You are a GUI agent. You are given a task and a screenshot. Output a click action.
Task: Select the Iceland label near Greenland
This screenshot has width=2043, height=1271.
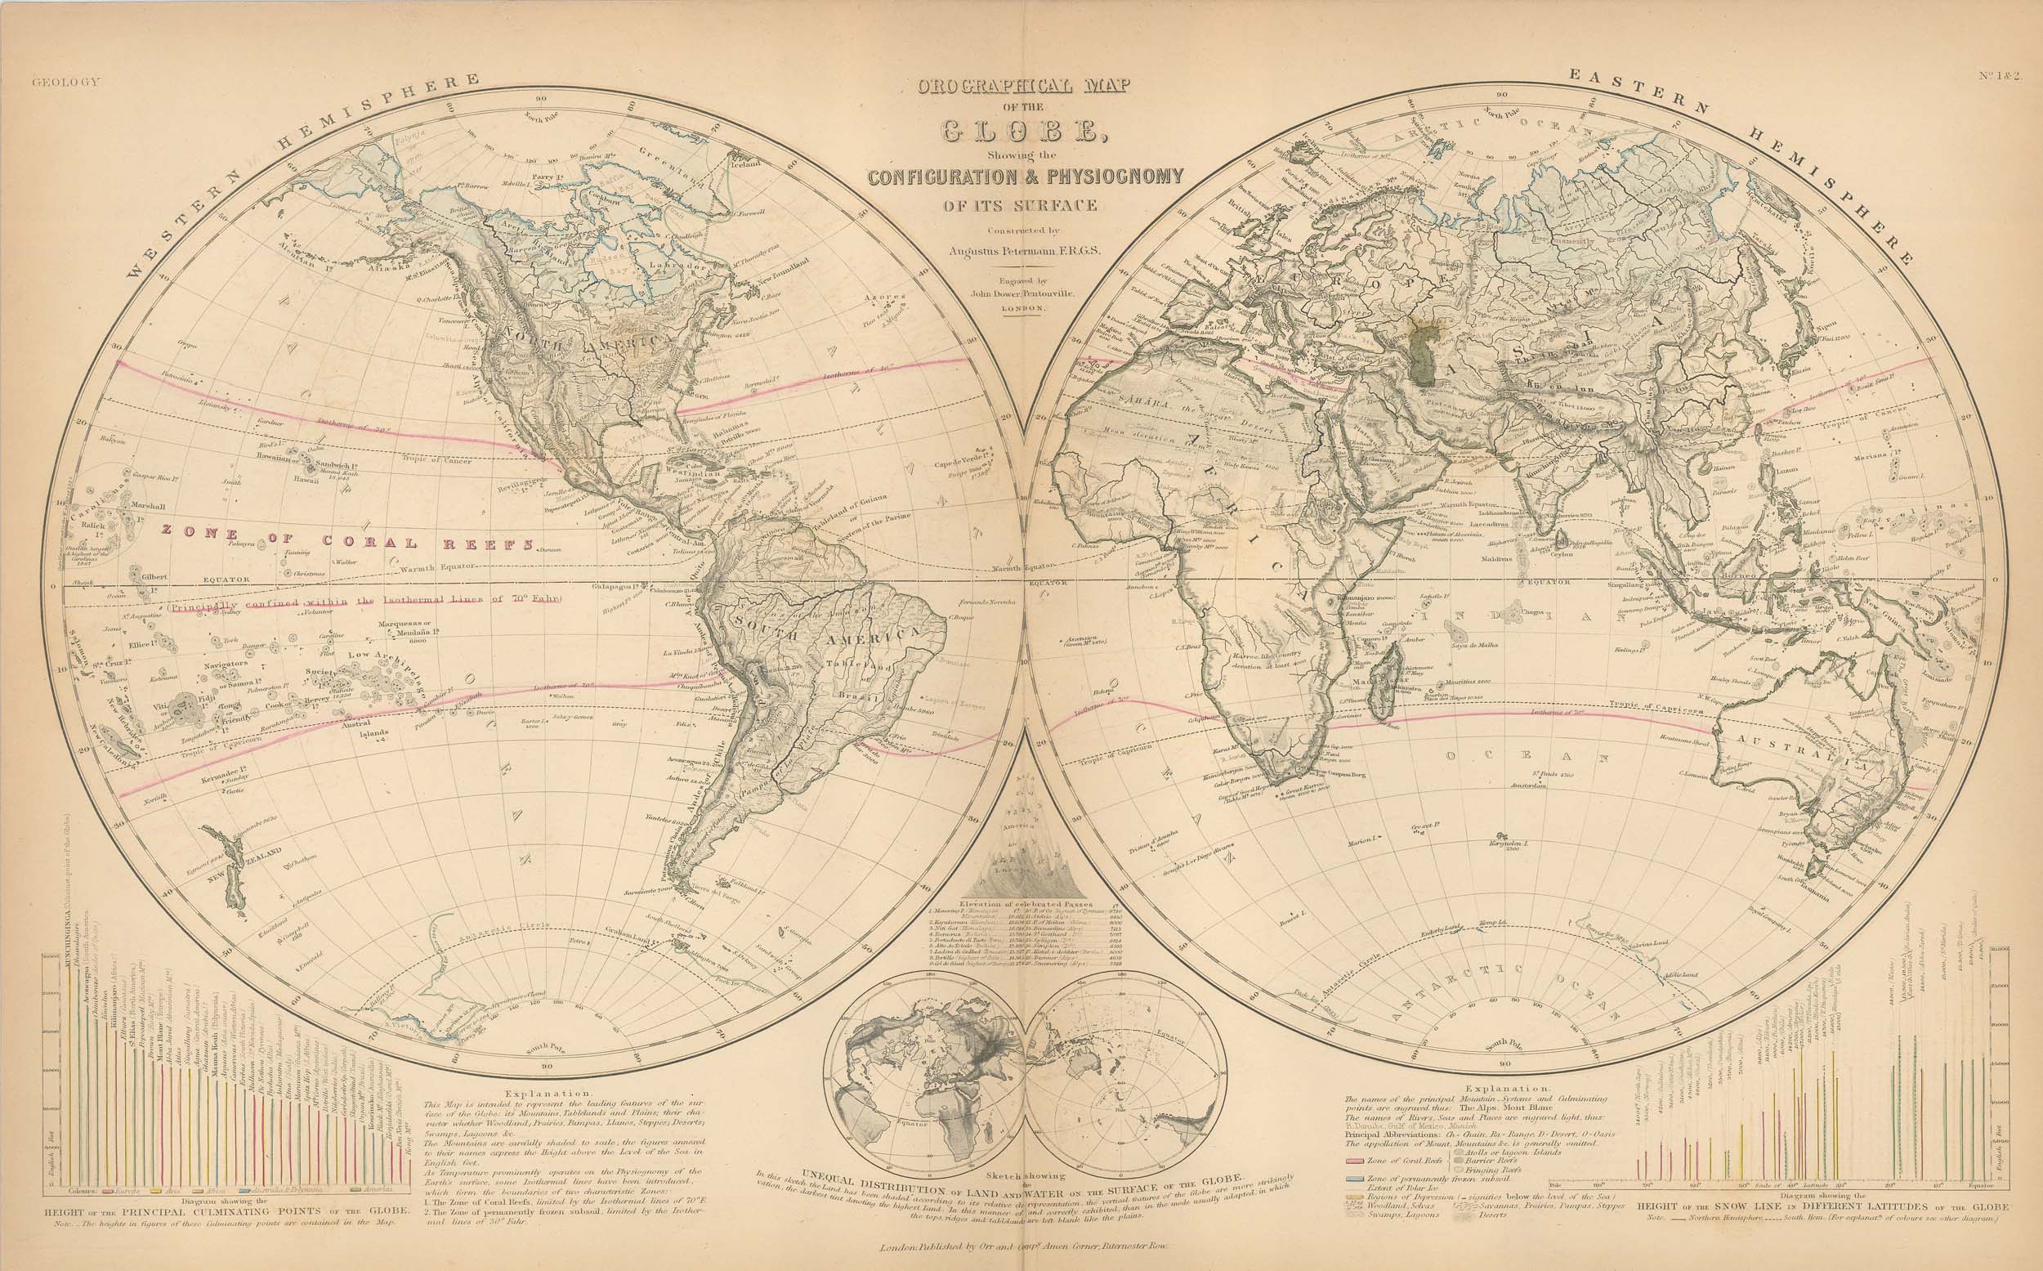(748, 165)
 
